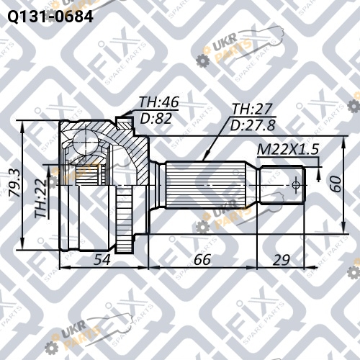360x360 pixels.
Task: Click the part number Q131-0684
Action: click(x=50, y=17)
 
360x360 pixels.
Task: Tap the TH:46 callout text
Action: click(x=159, y=102)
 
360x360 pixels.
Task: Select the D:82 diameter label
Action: click(x=156, y=118)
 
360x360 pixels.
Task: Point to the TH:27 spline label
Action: click(x=253, y=109)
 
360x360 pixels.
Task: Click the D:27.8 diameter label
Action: click(x=253, y=125)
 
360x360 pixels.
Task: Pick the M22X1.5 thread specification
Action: click(x=288, y=150)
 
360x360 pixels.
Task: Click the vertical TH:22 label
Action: click(x=41, y=199)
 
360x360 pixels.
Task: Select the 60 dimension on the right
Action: click(x=336, y=184)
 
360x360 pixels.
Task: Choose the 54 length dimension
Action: click(x=102, y=260)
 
